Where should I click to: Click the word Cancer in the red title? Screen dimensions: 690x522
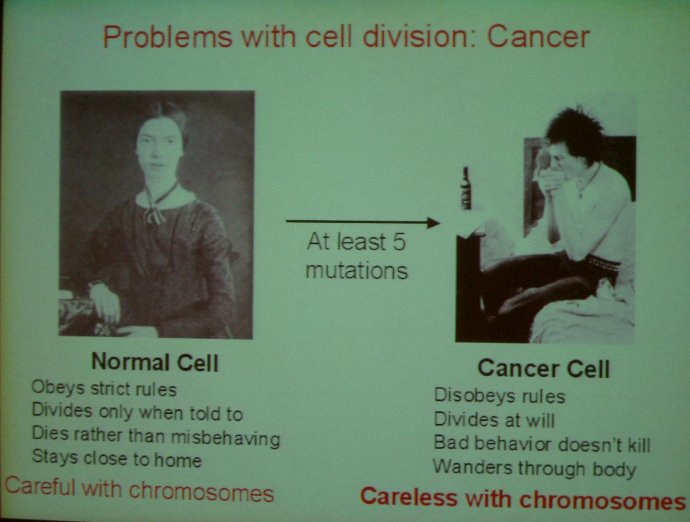point(538,38)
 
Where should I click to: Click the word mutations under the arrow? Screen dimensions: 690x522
point(357,271)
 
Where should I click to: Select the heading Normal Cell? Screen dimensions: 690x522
point(155,362)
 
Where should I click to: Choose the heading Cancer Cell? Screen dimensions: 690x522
point(544,369)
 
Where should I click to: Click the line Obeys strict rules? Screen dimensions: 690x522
point(104,389)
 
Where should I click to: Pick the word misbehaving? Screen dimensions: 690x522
point(226,438)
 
